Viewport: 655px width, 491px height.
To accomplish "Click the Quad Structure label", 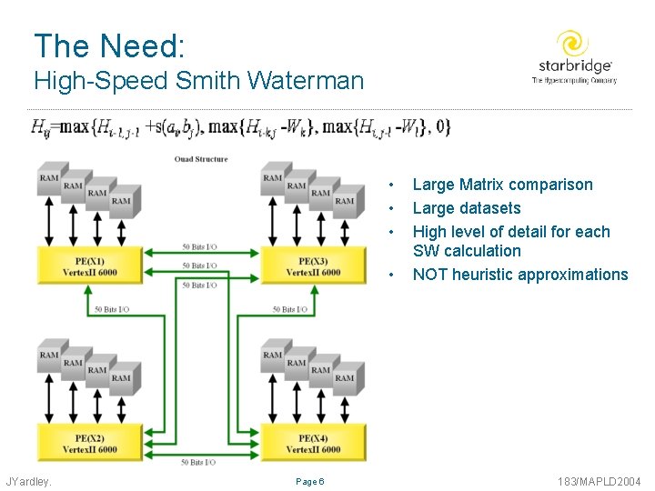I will (201, 160).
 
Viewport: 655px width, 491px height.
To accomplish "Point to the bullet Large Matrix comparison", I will (502, 185).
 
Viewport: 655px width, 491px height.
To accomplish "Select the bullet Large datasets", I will (467, 208).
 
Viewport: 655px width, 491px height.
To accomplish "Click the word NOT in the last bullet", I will (430, 275).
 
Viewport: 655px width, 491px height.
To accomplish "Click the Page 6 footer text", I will (309, 481).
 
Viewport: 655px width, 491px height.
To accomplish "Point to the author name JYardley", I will (29, 481).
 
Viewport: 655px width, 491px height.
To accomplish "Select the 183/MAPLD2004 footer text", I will (601, 481).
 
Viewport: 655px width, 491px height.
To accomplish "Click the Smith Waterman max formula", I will (240, 125).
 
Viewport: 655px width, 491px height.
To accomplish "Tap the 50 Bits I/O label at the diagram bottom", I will (197, 462).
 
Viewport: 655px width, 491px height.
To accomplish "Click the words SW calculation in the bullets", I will (467, 251).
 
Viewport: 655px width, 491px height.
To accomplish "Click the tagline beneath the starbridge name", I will (574, 81).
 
